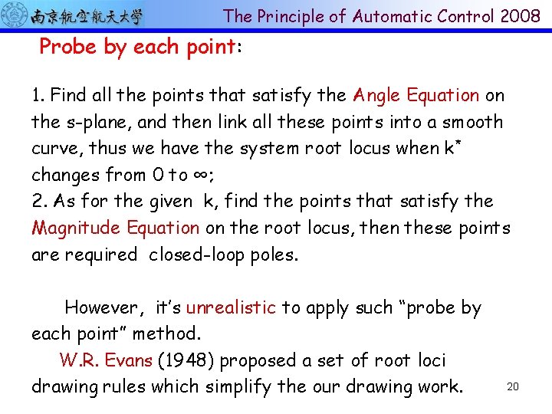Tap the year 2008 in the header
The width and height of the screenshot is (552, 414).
(521, 16)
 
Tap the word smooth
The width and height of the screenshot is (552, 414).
(469, 122)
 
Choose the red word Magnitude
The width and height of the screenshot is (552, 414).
(76, 228)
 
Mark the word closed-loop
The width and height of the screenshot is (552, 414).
(201, 254)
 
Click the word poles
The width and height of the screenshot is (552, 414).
(274, 255)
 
